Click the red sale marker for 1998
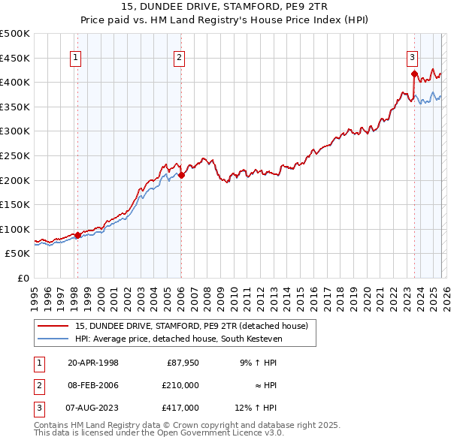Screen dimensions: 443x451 (x=77, y=235)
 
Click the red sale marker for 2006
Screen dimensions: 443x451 (x=181, y=176)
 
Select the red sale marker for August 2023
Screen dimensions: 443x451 (x=414, y=74)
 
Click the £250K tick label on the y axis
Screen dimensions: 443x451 (x=14, y=155)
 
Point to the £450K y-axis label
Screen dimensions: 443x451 (x=14, y=58)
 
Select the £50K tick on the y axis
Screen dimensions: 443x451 (x=17, y=254)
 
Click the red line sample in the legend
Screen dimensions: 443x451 (x=53, y=326)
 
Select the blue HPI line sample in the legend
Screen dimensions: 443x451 (x=53, y=339)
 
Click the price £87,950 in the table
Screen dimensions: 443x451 (x=183, y=362)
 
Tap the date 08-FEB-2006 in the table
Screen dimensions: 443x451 (x=92, y=385)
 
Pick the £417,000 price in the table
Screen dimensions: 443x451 (x=180, y=408)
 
